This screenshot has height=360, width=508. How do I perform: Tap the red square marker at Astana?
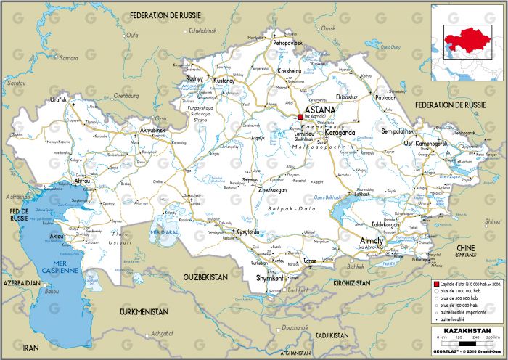[300, 116]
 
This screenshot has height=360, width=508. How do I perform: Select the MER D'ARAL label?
[163, 232]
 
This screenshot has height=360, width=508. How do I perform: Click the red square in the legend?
[435, 283]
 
